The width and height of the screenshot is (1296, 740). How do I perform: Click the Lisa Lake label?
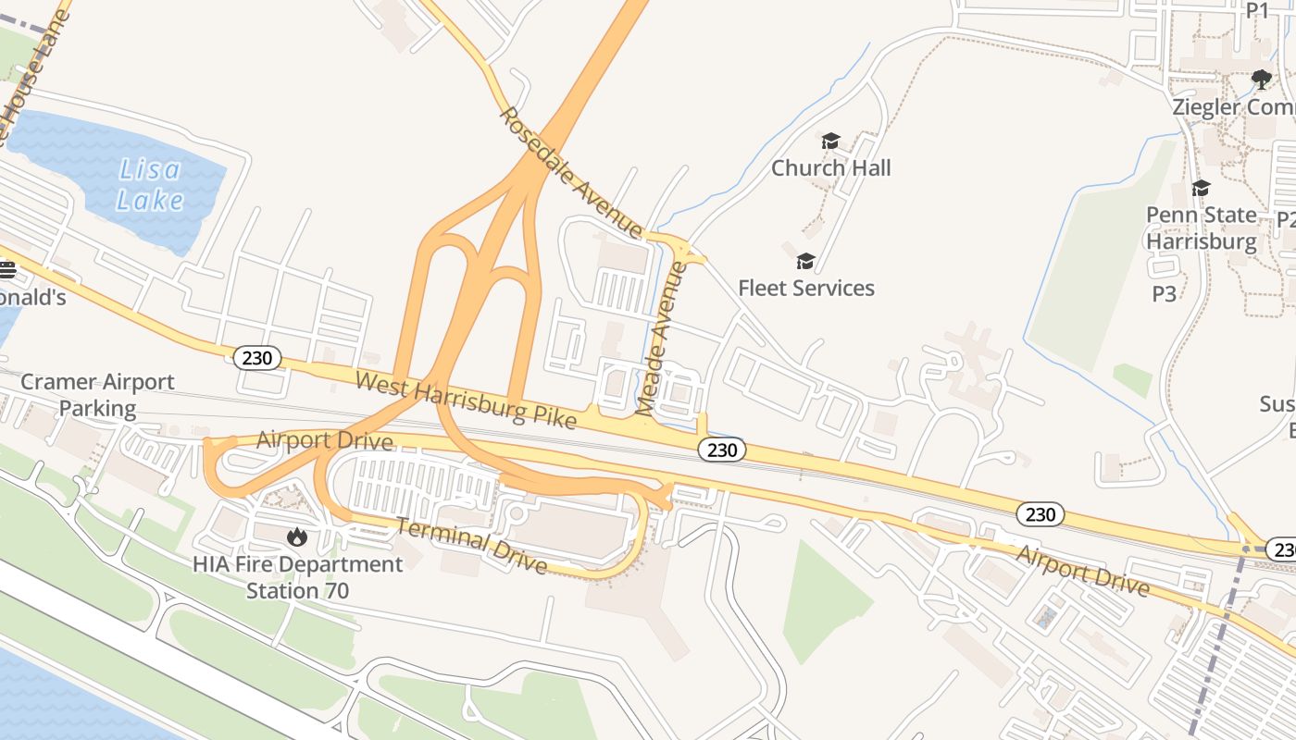pyautogui.click(x=149, y=185)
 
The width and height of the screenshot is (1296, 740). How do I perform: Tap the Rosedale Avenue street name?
pyautogui.click(x=570, y=171)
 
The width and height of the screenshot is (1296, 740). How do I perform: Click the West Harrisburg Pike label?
pyautogui.click(x=466, y=400)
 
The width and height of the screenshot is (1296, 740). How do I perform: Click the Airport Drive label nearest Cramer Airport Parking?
pyautogui.click(x=324, y=440)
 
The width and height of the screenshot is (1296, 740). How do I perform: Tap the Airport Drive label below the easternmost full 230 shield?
pyautogui.click(x=1082, y=571)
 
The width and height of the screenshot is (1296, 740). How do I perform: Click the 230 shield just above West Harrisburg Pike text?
pyautogui.click(x=256, y=358)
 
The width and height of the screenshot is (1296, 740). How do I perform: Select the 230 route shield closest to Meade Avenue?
pyautogui.click(x=721, y=450)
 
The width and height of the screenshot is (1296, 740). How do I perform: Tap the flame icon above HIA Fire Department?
pyautogui.click(x=296, y=536)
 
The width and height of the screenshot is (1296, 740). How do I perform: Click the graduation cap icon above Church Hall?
pyautogui.click(x=830, y=142)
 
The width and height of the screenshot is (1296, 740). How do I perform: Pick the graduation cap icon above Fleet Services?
pyautogui.click(x=805, y=261)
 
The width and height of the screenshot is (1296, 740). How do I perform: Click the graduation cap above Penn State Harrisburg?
pyautogui.click(x=1201, y=189)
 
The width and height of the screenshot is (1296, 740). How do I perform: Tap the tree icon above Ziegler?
pyautogui.click(x=1261, y=80)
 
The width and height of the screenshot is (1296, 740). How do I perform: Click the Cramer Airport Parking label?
pyautogui.click(x=97, y=395)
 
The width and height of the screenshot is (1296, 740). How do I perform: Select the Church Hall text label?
pyautogui.click(x=830, y=167)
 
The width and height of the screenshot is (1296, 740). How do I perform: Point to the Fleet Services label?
pyautogui.click(x=805, y=288)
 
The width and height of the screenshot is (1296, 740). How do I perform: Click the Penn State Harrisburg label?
pyautogui.click(x=1202, y=228)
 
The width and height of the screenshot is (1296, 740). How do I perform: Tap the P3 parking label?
pyautogui.click(x=1164, y=294)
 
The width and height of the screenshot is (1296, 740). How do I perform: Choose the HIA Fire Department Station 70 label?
pyautogui.click(x=297, y=577)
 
